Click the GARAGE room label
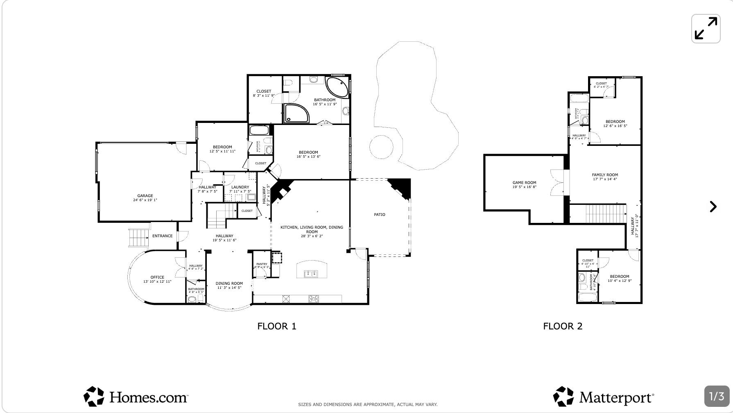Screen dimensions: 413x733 coord(145,196)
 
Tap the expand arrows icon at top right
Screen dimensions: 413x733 coord(706,29)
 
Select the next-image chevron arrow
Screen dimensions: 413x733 coord(713,206)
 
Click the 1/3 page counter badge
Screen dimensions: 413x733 coord(717,396)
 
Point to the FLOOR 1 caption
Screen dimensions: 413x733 coord(276,326)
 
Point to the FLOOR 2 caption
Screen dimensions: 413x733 coord(562,326)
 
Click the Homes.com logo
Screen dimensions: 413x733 coord(136,397)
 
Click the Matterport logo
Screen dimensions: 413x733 coord(603,397)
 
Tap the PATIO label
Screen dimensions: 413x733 coord(379,215)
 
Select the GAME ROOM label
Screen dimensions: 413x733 coord(524,183)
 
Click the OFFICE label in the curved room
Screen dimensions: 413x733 coord(157,277)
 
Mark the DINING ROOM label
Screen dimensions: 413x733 coord(229,284)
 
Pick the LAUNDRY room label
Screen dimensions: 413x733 coord(240,187)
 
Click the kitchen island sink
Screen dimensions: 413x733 coord(311,274)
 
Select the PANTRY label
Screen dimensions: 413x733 coord(262,264)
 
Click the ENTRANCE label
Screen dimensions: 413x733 coord(163,236)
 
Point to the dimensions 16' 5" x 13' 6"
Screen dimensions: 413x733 coord(308,157)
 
